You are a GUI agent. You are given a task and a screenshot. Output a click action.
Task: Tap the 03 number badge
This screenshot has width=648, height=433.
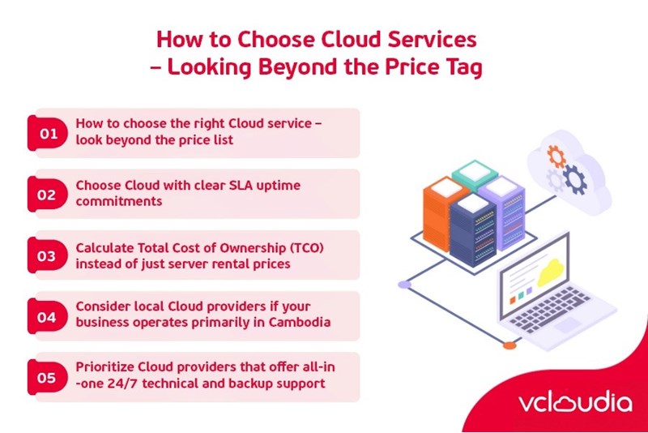[x=48, y=256]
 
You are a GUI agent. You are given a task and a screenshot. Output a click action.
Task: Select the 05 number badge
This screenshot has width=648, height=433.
[x=48, y=378]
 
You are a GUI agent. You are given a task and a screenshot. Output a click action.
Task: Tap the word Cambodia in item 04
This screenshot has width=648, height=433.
[x=297, y=322]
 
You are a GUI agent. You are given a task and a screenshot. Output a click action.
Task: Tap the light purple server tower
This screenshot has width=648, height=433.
[x=506, y=209]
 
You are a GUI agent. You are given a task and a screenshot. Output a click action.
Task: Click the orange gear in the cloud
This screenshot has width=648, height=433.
[x=556, y=155]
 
